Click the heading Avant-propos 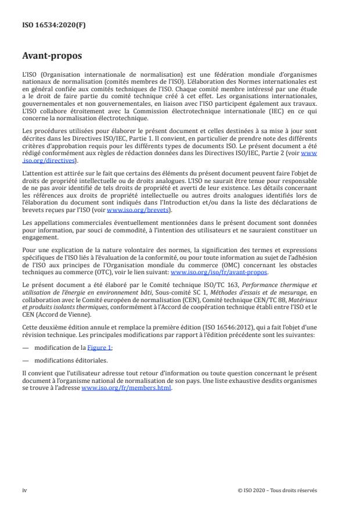click(53, 56)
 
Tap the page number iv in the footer click(24, 490)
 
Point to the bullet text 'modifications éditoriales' click(67, 360)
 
